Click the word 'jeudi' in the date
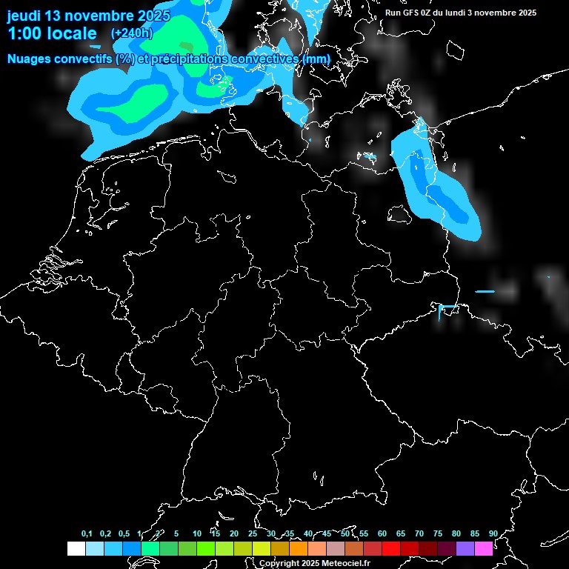point(24,16)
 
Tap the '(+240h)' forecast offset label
point(131,33)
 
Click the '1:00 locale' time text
point(52,33)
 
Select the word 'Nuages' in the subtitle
point(30,59)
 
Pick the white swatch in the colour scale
point(76,548)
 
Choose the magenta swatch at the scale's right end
point(484,548)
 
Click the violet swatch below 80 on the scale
point(465,548)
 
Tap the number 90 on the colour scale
point(493,533)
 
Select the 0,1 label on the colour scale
point(87,533)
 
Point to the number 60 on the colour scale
point(382,533)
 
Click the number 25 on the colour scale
point(253,533)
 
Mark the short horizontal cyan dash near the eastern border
point(485,291)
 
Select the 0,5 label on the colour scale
point(124,533)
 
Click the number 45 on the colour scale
point(327,533)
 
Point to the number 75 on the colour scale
point(437,533)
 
